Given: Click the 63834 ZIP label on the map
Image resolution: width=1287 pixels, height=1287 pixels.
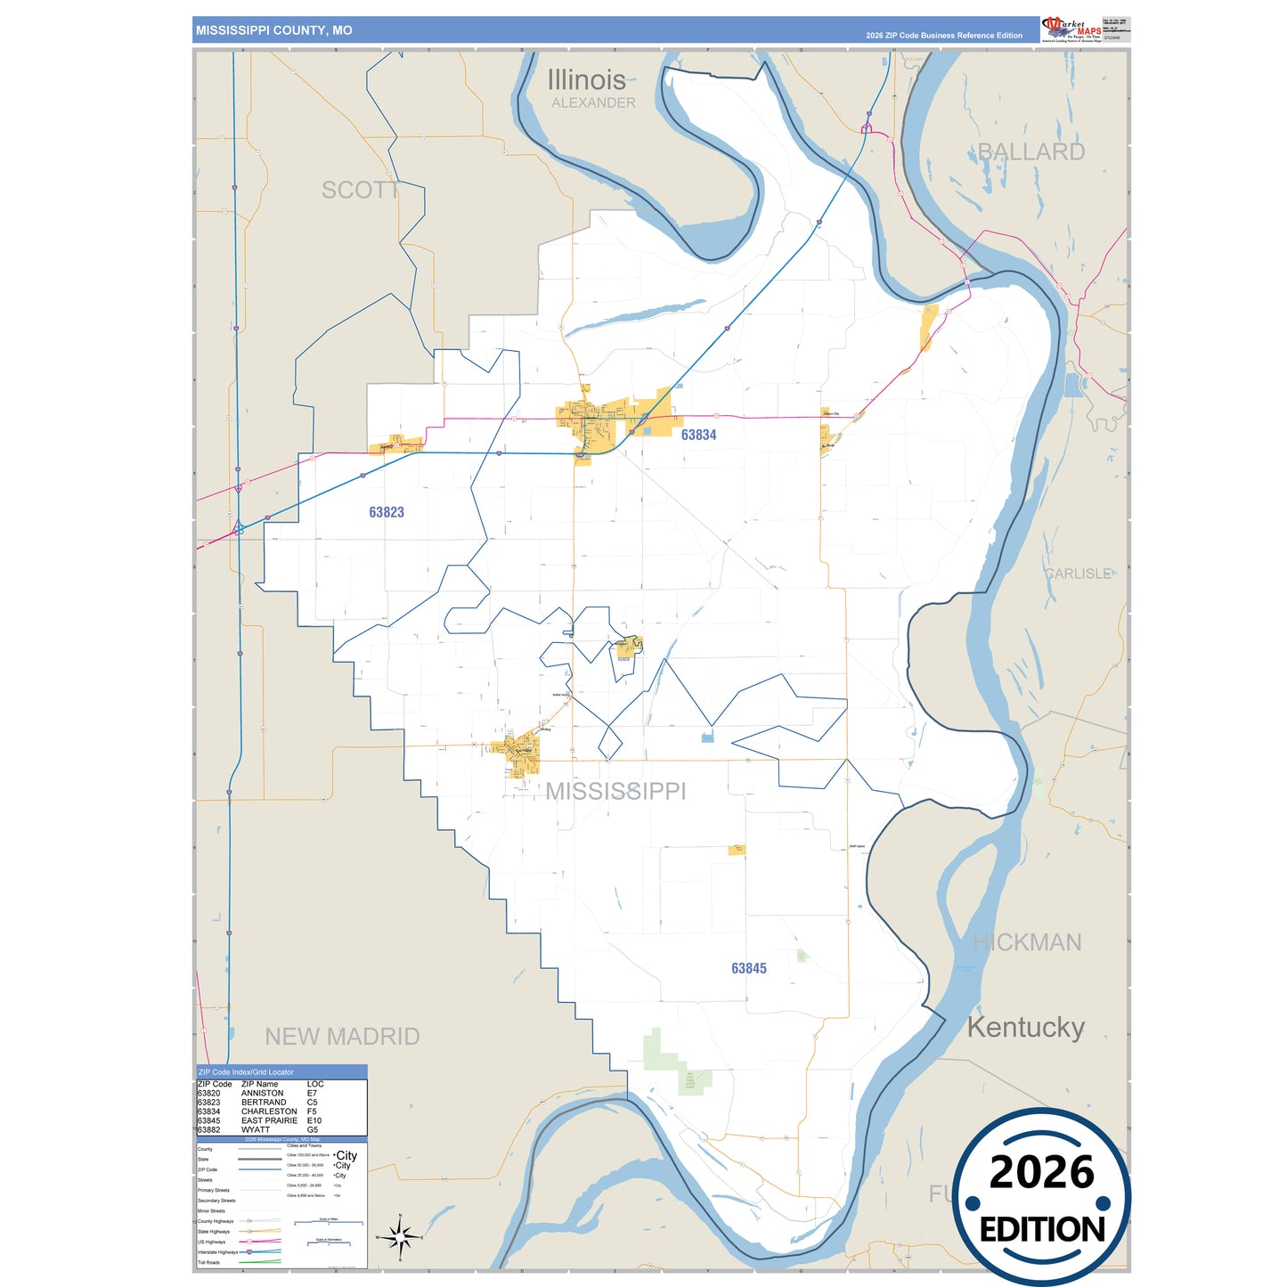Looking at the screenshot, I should pyautogui.click(x=698, y=435).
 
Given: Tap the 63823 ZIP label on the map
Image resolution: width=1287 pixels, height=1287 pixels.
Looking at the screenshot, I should pyautogui.click(x=387, y=512).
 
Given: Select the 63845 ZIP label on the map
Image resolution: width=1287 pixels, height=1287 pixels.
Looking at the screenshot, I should pyautogui.click(x=748, y=968).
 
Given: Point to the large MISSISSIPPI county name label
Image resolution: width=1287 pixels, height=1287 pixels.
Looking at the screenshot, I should pyautogui.click(x=615, y=791).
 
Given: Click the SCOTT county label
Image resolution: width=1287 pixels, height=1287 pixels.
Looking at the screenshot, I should pyautogui.click(x=360, y=190).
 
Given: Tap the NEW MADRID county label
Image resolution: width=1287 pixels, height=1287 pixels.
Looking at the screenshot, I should pyautogui.click(x=342, y=1036).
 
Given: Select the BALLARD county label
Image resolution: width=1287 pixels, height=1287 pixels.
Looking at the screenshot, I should pyautogui.click(x=1031, y=151).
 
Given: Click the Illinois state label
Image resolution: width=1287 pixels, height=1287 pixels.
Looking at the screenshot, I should pyautogui.click(x=586, y=80).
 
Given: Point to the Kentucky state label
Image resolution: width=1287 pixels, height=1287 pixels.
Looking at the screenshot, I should pyautogui.click(x=1025, y=1027).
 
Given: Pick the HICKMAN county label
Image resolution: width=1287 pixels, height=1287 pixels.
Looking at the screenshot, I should pyautogui.click(x=1027, y=942).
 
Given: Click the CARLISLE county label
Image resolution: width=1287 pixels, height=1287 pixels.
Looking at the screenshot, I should pyautogui.click(x=1078, y=574).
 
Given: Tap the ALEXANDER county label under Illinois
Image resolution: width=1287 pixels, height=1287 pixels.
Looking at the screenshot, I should pyautogui.click(x=593, y=103).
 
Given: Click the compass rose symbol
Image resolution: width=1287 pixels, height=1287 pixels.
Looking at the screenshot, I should pyautogui.click(x=400, y=1236).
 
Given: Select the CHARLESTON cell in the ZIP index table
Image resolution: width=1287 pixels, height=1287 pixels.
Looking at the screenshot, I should pyautogui.click(x=269, y=1112).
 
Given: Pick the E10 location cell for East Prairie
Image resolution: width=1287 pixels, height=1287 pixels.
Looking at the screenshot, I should pyautogui.click(x=314, y=1120).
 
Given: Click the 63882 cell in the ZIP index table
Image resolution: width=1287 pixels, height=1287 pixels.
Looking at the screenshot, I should pyautogui.click(x=209, y=1129).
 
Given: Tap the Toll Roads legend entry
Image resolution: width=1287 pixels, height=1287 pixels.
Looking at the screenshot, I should pyautogui.click(x=209, y=1262).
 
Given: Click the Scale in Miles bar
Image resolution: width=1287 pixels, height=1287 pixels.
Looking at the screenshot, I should pyautogui.click(x=328, y=1222).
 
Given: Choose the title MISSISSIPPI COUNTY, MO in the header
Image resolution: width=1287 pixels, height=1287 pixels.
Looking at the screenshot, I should pyautogui.click(x=273, y=30).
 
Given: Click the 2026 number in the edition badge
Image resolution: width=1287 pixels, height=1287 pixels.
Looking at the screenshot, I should pyautogui.click(x=1041, y=1172).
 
